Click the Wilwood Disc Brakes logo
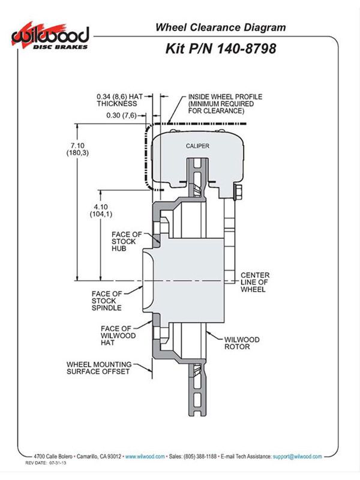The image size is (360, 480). [x=50, y=37]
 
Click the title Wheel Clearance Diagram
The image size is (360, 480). [x=220, y=27]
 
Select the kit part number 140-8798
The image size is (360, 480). [x=247, y=49]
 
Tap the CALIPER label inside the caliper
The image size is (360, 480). [x=197, y=146]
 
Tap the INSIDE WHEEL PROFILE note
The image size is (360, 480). [x=225, y=104]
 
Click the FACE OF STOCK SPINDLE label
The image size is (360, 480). [x=107, y=301]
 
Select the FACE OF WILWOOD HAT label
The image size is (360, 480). [x=118, y=335]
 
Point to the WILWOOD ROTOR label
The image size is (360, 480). [x=242, y=343]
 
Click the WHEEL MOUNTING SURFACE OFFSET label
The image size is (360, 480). [x=99, y=368]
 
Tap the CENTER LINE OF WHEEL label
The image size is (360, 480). [x=254, y=282]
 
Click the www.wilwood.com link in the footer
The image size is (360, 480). [x=145, y=457]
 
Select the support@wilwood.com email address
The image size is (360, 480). [x=297, y=457]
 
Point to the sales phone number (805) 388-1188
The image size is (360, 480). [x=200, y=457]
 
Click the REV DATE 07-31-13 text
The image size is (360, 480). [x=46, y=463]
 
